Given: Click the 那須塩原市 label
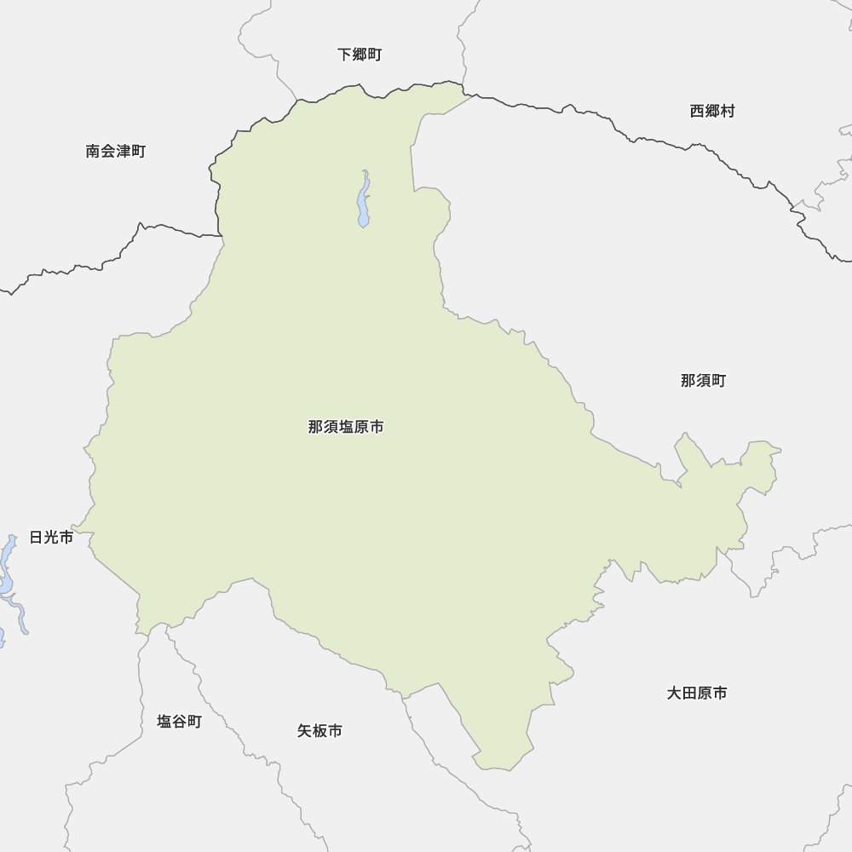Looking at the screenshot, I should click(x=346, y=427).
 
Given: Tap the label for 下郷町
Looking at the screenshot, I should click(x=360, y=55).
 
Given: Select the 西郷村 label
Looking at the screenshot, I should click(x=711, y=111).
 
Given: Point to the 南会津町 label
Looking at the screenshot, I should click(x=116, y=152).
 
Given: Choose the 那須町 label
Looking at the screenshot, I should click(x=703, y=381).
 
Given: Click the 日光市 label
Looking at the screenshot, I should click(x=51, y=537).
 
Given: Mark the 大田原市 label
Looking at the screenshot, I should click(x=697, y=694).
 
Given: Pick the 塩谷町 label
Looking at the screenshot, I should click(x=179, y=722).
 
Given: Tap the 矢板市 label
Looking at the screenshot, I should click(x=319, y=731).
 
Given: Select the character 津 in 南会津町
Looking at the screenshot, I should click(x=124, y=152).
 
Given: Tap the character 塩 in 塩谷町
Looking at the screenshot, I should click(x=164, y=722).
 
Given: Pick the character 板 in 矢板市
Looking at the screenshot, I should click(x=319, y=731).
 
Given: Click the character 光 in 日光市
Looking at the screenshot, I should click(x=51, y=537).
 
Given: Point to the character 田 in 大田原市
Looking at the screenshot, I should click(x=689, y=694).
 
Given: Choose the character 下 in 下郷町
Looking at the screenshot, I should click(x=345, y=55).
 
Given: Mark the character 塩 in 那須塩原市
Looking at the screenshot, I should click(x=346, y=427).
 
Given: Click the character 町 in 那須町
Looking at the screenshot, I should click(x=718, y=381).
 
